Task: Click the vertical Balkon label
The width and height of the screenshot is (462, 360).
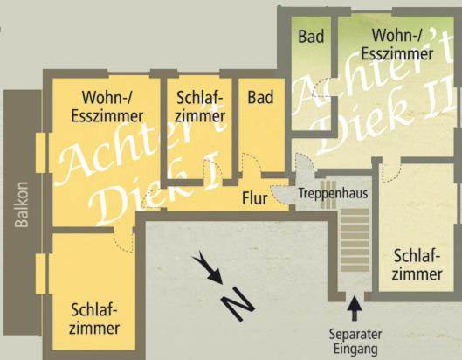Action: coord(22,204)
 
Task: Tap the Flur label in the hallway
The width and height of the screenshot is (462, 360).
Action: coord(254,198)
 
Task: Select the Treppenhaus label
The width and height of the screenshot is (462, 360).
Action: coord(333,193)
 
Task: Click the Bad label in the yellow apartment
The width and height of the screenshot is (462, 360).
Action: coord(260,97)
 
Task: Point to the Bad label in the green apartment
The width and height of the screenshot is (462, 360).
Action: coord(311,37)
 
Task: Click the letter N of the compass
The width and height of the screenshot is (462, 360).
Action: coord(238,304)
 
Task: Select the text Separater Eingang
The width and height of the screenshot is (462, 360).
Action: coord(355,342)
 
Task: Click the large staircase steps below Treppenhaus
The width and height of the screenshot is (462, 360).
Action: coord(355,240)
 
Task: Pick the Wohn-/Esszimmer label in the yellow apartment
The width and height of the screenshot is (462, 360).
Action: coord(107,107)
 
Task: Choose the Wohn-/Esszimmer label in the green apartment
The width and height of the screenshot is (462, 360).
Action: coord(397,45)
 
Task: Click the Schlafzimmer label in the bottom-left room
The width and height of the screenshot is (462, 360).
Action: coord(94,319)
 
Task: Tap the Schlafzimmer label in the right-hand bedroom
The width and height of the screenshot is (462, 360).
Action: coord(417,265)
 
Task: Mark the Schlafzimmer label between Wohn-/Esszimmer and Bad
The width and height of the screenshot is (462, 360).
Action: coord(200,107)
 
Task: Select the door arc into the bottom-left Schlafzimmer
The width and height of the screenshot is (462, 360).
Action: coord(125,243)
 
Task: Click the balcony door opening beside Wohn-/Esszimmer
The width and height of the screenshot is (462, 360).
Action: coord(41,153)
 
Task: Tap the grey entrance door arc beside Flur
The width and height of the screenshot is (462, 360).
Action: coord(280,195)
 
